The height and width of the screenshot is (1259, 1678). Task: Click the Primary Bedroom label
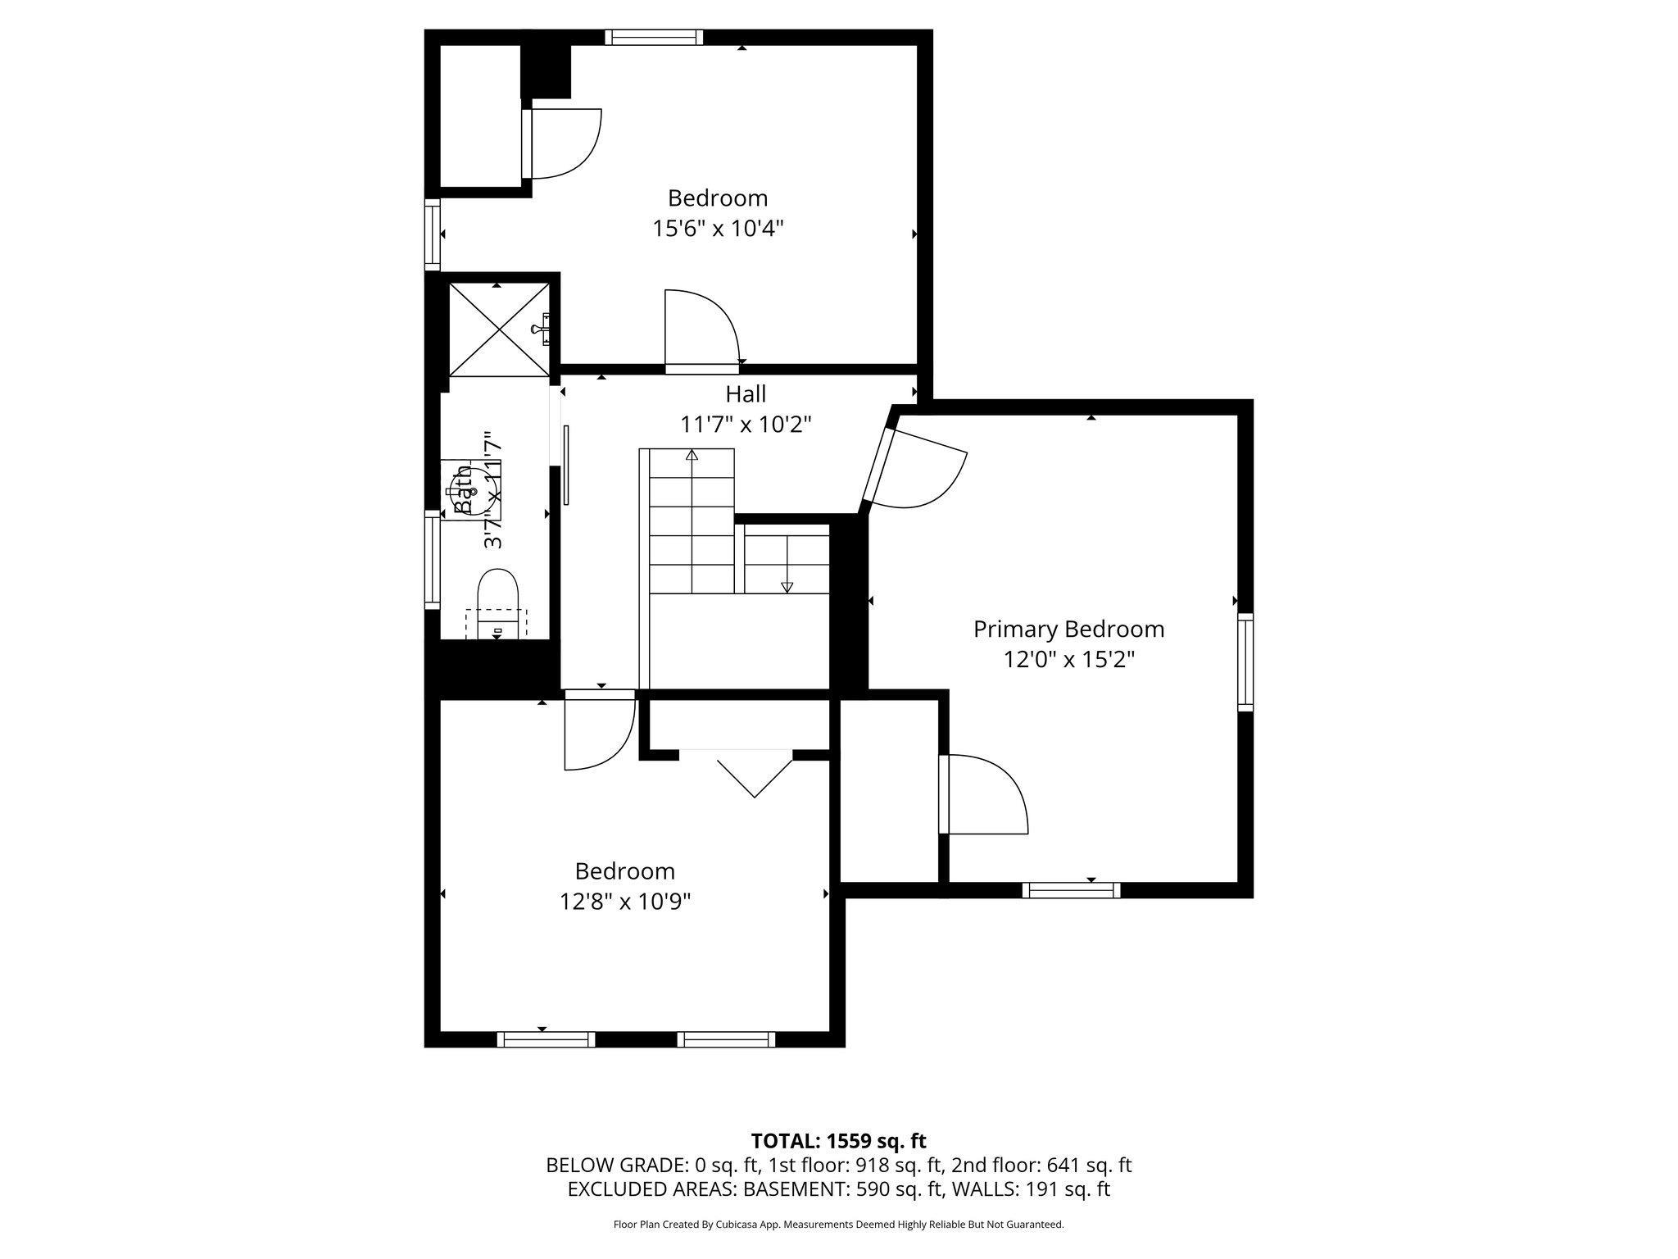pyautogui.click(x=1068, y=629)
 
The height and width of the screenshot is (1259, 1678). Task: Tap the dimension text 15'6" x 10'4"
pyautogui.click(x=718, y=228)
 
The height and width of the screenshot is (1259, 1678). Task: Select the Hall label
pyautogui.click(x=746, y=394)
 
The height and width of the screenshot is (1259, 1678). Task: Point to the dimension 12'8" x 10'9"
pyautogui.click(x=625, y=902)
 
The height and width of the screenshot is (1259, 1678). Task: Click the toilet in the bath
pyautogui.click(x=498, y=598)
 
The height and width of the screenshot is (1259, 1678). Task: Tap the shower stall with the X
pyautogui.click(x=498, y=330)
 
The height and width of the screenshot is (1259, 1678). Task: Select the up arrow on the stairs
pyautogui.click(x=692, y=455)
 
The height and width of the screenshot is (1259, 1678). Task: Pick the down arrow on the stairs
pyautogui.click(x=787, y=586)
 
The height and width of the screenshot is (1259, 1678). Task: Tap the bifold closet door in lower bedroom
pyautogui.click(x=754, y=775)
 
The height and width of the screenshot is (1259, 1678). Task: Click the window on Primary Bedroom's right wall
pyautogui.click(x=1245, y=661)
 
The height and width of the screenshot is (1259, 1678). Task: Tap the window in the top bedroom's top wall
pyautogui.click(x=654, y=37)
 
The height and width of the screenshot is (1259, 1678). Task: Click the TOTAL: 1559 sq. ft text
pyautogui.click(x=838, y=1141)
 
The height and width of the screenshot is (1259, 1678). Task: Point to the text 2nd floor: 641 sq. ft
pyautogui.click(x=1041, y=1165)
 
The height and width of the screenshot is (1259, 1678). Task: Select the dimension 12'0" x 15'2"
pyautogui.click(x=1068, y=660)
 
